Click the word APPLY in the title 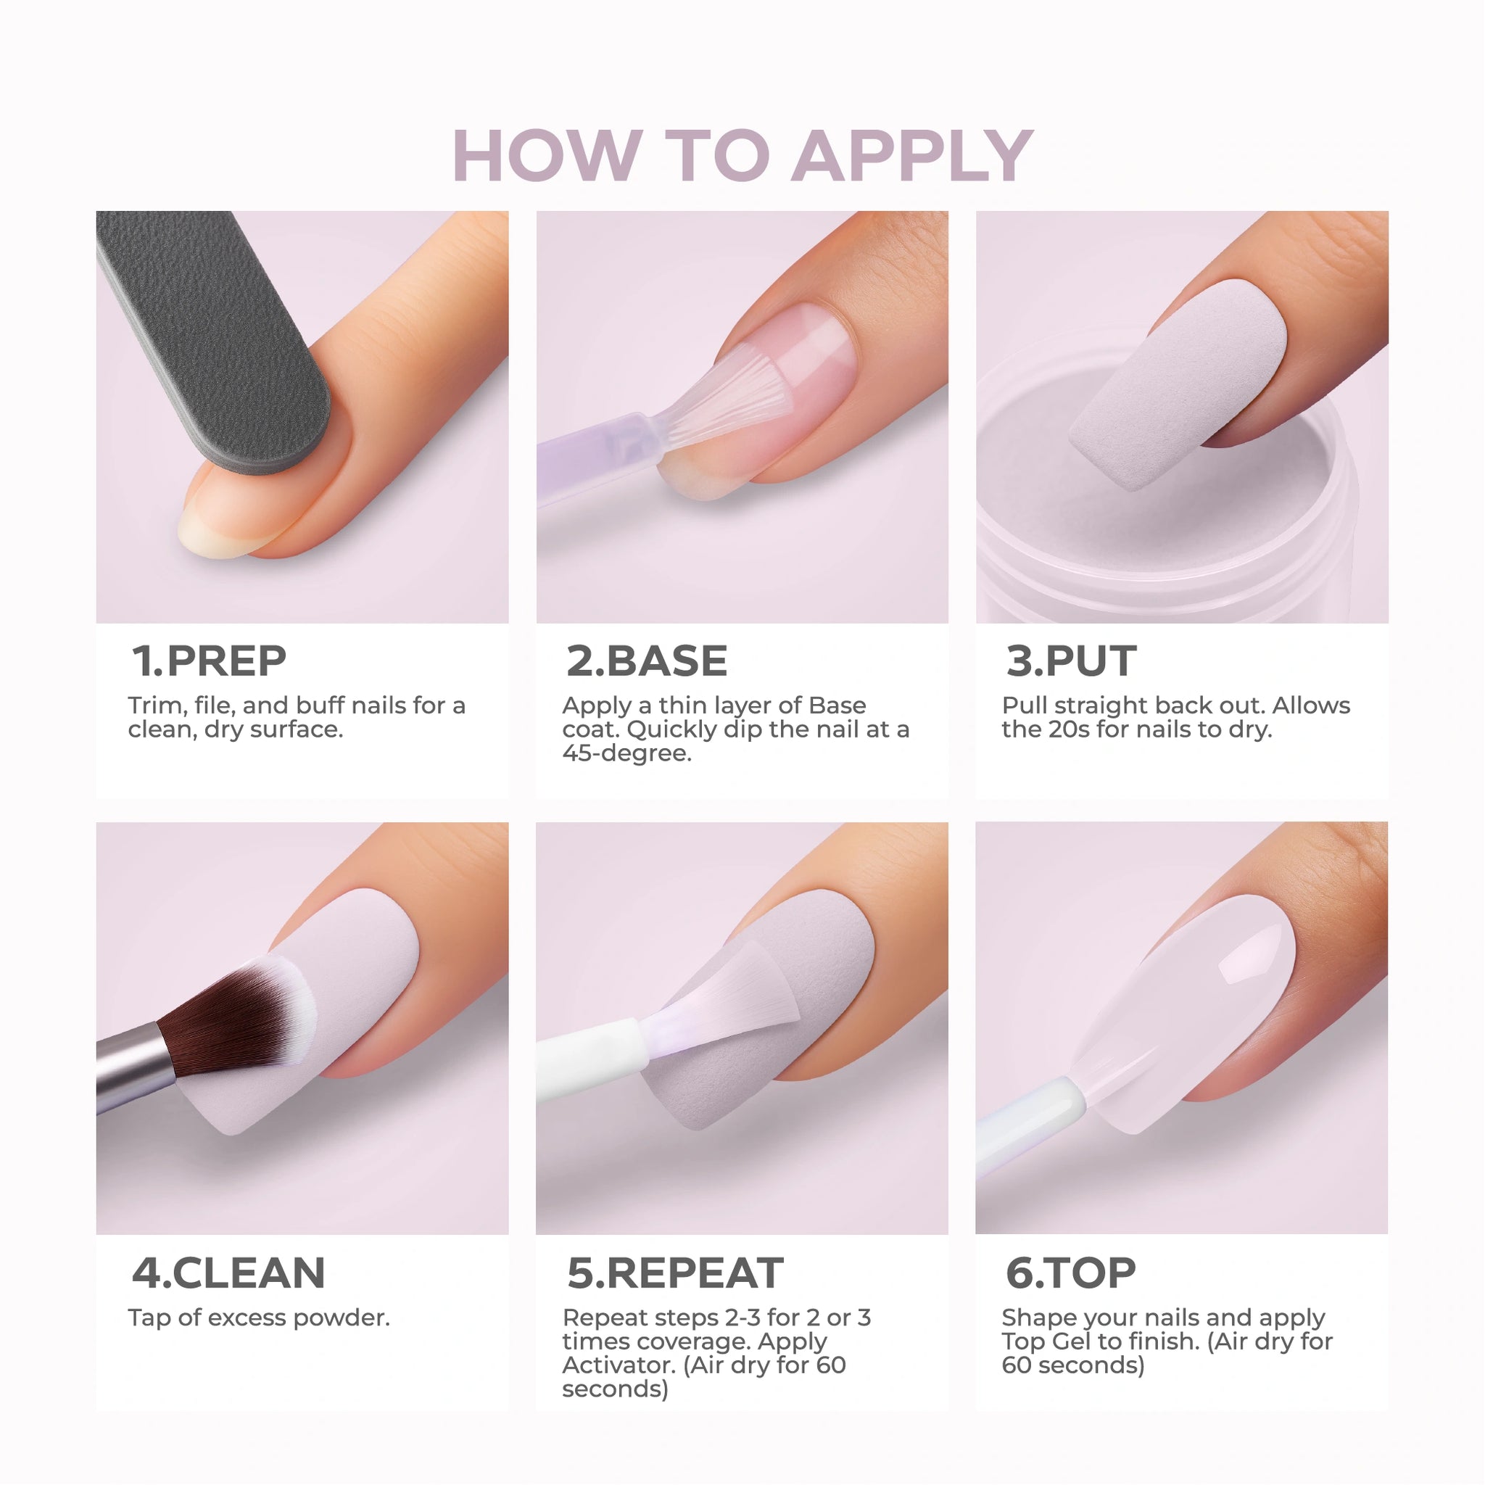pyautogui.click(x=912, y=156)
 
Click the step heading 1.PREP pyautogui.click(x=209, y=661)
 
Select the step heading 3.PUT pyautogui.click(x=1071, y=661)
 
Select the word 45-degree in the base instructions pyautogui.click(x=627, y=753)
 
